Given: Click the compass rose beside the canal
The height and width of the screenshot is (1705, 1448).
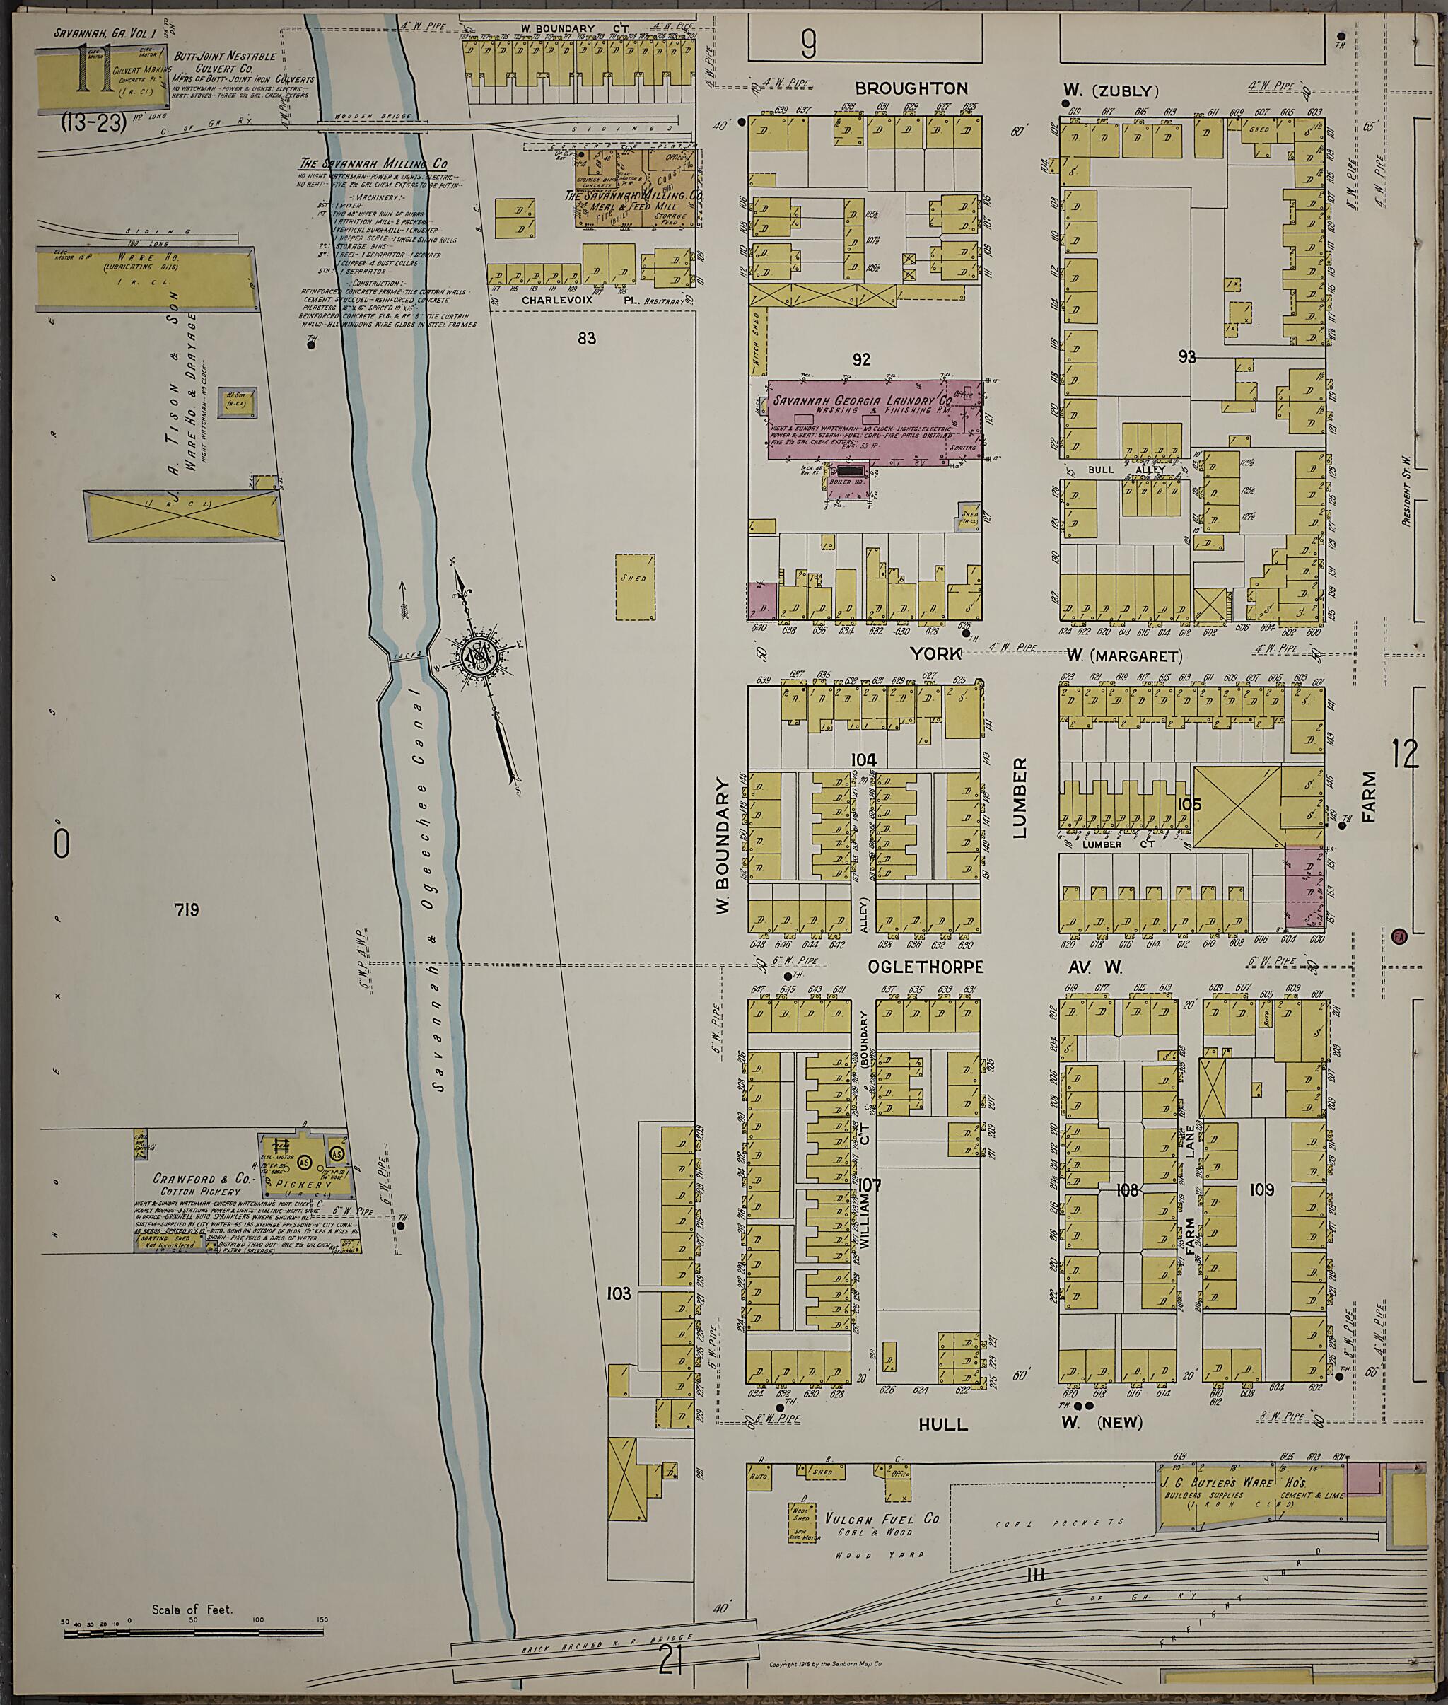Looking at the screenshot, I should pyautogui.click(x=478, y=658).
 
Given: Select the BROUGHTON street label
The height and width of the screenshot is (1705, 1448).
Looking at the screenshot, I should pyautogui.click(x=911, y=88).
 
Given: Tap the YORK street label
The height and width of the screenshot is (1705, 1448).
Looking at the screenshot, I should pyautogui.click(x=934, y=653).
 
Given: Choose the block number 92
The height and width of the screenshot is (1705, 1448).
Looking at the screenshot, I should pyautogui.click(x=861, y=359).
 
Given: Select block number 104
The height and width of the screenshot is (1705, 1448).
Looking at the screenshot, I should pyautogui.click(x=863, y=760).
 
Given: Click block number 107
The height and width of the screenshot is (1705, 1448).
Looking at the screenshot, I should pyautogui.click(x=870, y=1185).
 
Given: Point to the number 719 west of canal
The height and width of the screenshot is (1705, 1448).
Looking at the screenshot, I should pyautogui.click(x=187, y=909).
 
